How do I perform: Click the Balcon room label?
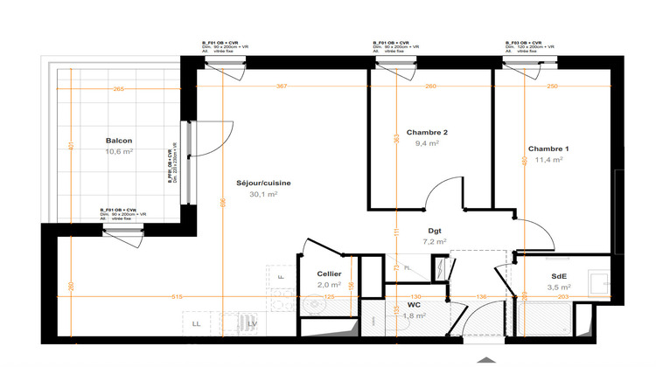pos(119,141)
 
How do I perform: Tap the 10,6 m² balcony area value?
pos(119,151)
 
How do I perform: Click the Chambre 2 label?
pos(427,132)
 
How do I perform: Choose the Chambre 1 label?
pos(548,148)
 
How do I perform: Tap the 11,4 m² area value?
pos(548,160)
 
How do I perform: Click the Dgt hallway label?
pos(434,231)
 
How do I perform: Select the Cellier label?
pos(329,274)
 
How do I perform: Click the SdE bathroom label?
pos(557,275)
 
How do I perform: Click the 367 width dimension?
pos(281,87)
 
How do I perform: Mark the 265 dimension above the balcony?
pos(118,88)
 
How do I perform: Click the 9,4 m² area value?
pos(427,143)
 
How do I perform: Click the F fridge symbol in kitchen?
pos(281,277)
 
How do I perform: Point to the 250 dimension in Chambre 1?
pos(552,87)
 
